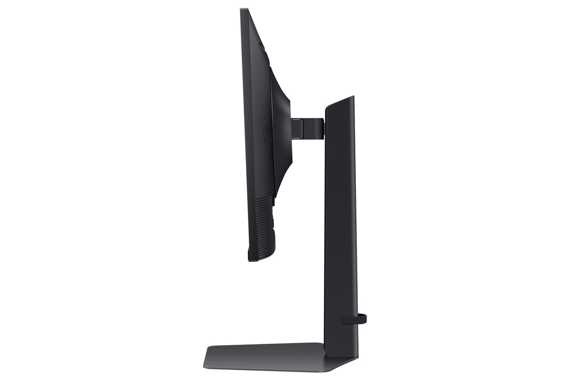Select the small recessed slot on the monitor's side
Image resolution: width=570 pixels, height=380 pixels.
tap(266, 132)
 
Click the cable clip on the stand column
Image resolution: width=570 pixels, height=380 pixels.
tap(352, 320)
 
